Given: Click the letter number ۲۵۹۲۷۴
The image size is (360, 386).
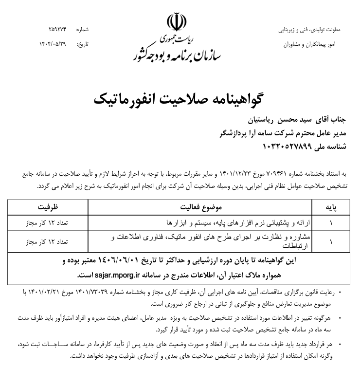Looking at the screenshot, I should pos(57,30).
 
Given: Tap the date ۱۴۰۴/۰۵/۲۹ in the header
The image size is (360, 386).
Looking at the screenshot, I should pos(53,44).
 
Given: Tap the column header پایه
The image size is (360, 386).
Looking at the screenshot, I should pos(331,207).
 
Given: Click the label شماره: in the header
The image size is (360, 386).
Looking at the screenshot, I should pos(83,30).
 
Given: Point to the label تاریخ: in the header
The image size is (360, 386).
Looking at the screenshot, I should pos(84,44).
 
